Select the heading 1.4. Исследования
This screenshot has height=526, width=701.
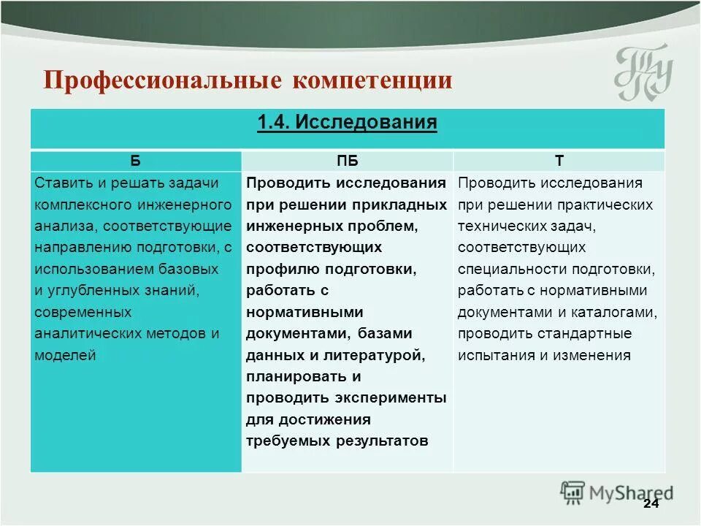pyautogui.click(x=347, y=122)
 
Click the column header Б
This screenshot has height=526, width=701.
pyautogui.click(x=136, y=161)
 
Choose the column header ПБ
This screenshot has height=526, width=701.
pyautogui.click(x=347, y=161)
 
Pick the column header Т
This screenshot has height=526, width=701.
pyautogui.click(x=559, y=161)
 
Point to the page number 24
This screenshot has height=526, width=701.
pyautogui.click(x=651, y=505)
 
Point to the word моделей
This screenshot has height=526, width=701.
pyautogui.click(x=65, y=356)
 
